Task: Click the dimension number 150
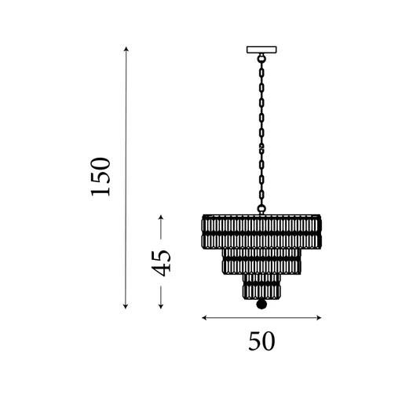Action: (x=100, y=177)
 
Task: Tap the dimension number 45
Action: (x=161, y=264)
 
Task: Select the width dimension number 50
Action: (x=261, y=342)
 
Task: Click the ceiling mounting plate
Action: (x=261, y=49)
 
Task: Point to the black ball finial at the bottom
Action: (x=261, y=304)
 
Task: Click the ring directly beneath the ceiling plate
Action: (x=261, y=57)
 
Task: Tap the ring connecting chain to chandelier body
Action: (x=261, y=209)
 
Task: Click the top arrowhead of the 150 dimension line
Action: (x=126, y=49)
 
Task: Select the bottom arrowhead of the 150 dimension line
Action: (x=126, y=306)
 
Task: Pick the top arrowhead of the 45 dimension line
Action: (x=161, y=217)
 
